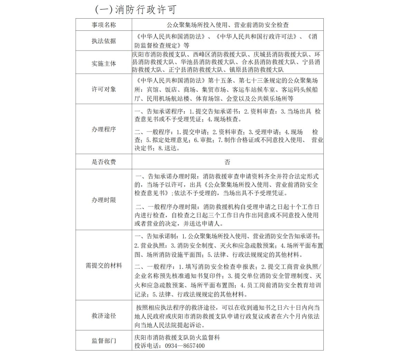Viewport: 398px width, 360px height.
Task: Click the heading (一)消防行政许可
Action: click(135, 10)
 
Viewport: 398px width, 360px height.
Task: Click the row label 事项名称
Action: click(104, 25)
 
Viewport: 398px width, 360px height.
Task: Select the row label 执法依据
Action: click(104, 41)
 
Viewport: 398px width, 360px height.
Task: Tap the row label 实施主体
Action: click(104, 64)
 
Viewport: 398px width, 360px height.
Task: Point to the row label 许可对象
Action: click(104, 89)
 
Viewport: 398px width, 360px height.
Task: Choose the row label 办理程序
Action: click(104, 129)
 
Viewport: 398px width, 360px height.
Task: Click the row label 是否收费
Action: click(104, 162)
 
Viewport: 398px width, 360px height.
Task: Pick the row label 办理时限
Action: click(104, 200)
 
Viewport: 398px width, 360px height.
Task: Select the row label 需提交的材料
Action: click(104, 265)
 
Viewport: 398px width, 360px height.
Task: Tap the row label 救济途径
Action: click(104, 315)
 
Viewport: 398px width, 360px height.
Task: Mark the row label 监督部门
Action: click(104, 341)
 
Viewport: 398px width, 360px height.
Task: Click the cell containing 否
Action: click(227, 162)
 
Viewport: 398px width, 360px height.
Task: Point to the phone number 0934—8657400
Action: click(185, 346)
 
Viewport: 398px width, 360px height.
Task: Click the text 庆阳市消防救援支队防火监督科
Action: click(177, 337)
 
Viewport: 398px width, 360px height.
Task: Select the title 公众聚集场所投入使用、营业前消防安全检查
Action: click(227, 25)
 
